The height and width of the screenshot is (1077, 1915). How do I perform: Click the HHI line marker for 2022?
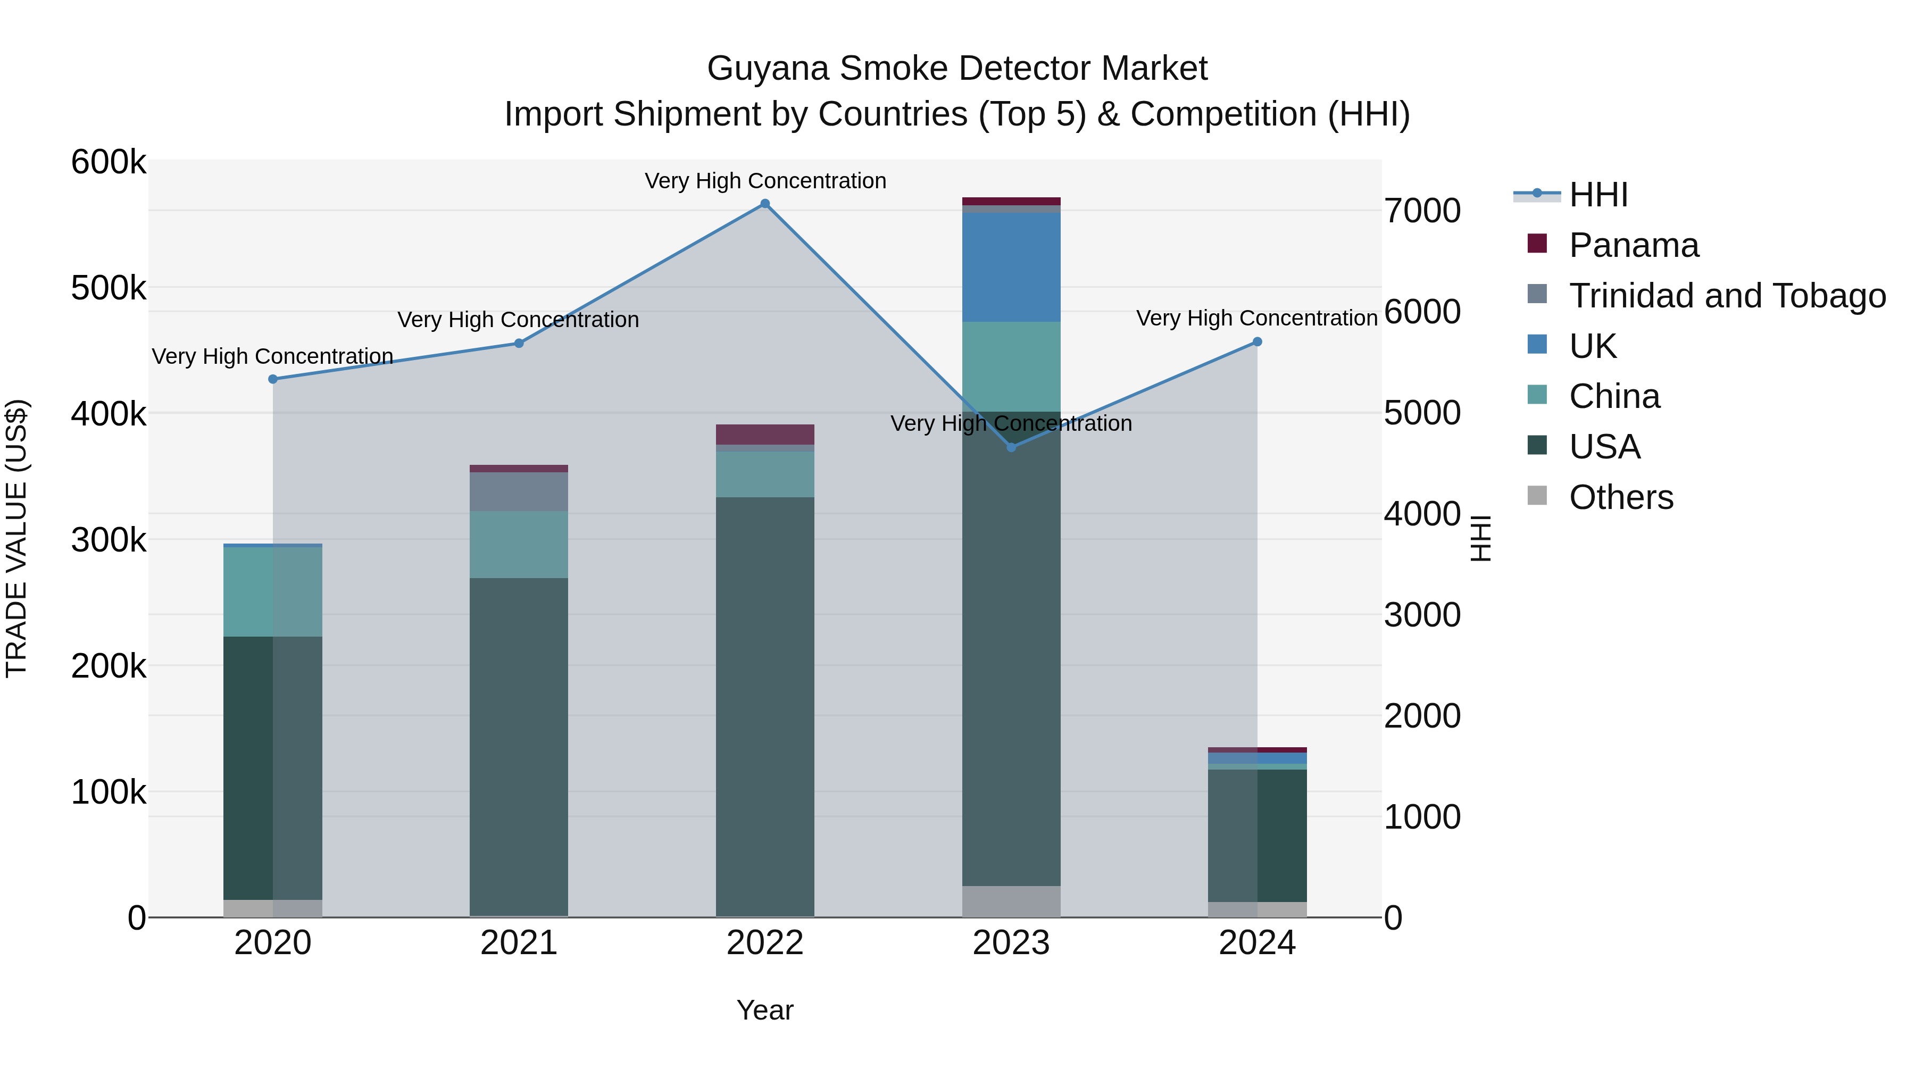click(x=765, y=204)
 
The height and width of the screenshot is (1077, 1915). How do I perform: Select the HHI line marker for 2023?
click(x=1011, y=447)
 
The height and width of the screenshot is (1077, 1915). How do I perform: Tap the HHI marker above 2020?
click(x=273, y=379)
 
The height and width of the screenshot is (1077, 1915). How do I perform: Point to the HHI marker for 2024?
click(x=1257, y=342)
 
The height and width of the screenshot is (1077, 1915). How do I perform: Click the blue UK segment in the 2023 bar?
click(x=1011, y=267)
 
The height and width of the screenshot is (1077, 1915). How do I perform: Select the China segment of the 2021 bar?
click(x=519, y=544)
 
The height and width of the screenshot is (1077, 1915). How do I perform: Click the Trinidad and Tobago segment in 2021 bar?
click(x=519, y=491)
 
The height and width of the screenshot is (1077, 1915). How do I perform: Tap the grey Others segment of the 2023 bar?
click(x=1011, y=901)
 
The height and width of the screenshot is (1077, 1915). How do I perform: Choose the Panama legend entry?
click(x=1633, y=245)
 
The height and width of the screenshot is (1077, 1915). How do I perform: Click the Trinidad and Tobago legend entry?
click(x=1727, y=296)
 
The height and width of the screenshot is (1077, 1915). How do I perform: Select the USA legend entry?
click(x=1604, y=447)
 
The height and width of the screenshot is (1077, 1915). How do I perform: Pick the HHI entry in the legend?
click(x=1598, y=195)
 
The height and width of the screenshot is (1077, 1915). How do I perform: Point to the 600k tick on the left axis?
click(x=109, y=162)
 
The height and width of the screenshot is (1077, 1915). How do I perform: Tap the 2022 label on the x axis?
click(x=765, y=943)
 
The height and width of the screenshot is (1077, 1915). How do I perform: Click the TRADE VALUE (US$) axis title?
click(x=16, y=538)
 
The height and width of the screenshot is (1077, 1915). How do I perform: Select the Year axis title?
click(x=765, y=1010)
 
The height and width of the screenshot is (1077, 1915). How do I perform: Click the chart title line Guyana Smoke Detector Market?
click(x=957, y=69)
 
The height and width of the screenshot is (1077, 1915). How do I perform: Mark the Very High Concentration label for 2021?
click(x=518, y=320)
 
